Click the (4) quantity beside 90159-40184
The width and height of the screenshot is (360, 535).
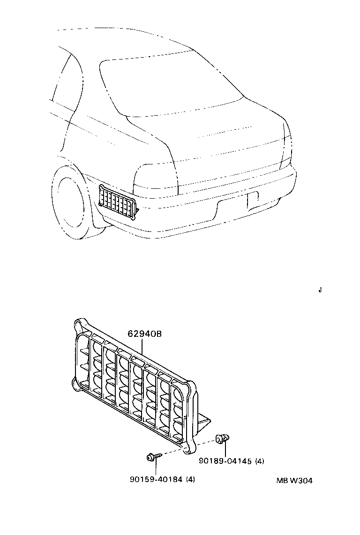tap(190, 479)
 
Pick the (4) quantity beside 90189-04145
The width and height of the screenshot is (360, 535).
tap(260, 461)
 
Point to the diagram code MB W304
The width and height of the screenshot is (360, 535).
tap(294, 481)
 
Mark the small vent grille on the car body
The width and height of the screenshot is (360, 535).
tap(117, 201)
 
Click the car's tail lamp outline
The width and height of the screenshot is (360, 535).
tap(155, 180)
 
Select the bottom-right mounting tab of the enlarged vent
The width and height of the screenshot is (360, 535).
tap(190, 447)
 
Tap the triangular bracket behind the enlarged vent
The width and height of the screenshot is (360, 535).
tap(205, 423)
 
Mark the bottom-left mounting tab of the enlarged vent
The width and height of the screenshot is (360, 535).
tap(75, 385)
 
